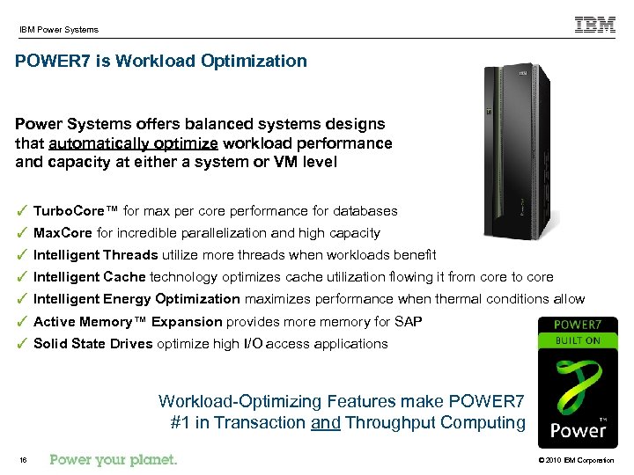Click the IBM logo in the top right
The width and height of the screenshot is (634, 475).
click(595, 25)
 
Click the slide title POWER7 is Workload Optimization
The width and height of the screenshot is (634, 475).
click(161, 62)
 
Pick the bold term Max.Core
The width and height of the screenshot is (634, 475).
click(63, 233)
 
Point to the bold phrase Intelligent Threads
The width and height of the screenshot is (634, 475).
click(95, 255)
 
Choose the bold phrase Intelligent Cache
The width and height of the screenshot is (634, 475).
click(89, 277)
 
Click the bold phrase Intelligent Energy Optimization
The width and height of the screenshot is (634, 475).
click(136, 299)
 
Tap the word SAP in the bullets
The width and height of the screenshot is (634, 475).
click(409, 322)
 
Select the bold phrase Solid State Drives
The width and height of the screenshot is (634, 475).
click(92, 344)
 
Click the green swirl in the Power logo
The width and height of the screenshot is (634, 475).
click(578, 384)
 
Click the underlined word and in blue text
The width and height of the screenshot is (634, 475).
click(326, 422)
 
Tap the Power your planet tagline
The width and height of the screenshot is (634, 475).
click(114, 459)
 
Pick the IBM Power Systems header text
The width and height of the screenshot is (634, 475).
click(59, 30)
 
